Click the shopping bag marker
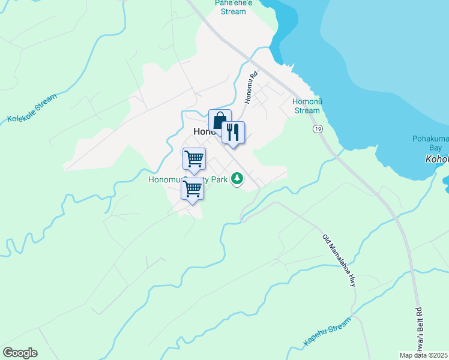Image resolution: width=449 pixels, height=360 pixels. pos(220,120)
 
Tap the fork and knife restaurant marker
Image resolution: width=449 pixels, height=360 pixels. pos(233,133)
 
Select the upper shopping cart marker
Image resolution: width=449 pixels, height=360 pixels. pos(194,159)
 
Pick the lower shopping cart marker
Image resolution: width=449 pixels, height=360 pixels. pos(192,189)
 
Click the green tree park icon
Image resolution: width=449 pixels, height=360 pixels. pos(238,178)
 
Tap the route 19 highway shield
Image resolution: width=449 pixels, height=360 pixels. pos(318,129)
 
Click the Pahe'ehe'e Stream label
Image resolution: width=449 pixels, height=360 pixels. pos(233,7)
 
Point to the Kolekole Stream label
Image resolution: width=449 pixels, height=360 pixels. pos(32,108)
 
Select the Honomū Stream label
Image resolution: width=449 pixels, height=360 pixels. pos(307,106)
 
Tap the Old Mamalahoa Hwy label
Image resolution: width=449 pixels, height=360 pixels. pos(340,260)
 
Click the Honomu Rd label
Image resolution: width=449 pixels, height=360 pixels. pos(251,88)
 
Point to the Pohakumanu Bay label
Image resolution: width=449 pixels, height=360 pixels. pos(427,143)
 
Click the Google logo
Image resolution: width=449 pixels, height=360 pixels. pos(20,352)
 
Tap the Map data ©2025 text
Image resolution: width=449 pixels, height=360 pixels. pos(424,355)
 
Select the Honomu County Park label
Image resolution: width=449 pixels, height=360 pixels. pos(189,178)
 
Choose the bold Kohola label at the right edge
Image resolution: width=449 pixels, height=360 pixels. pos(436,160)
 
